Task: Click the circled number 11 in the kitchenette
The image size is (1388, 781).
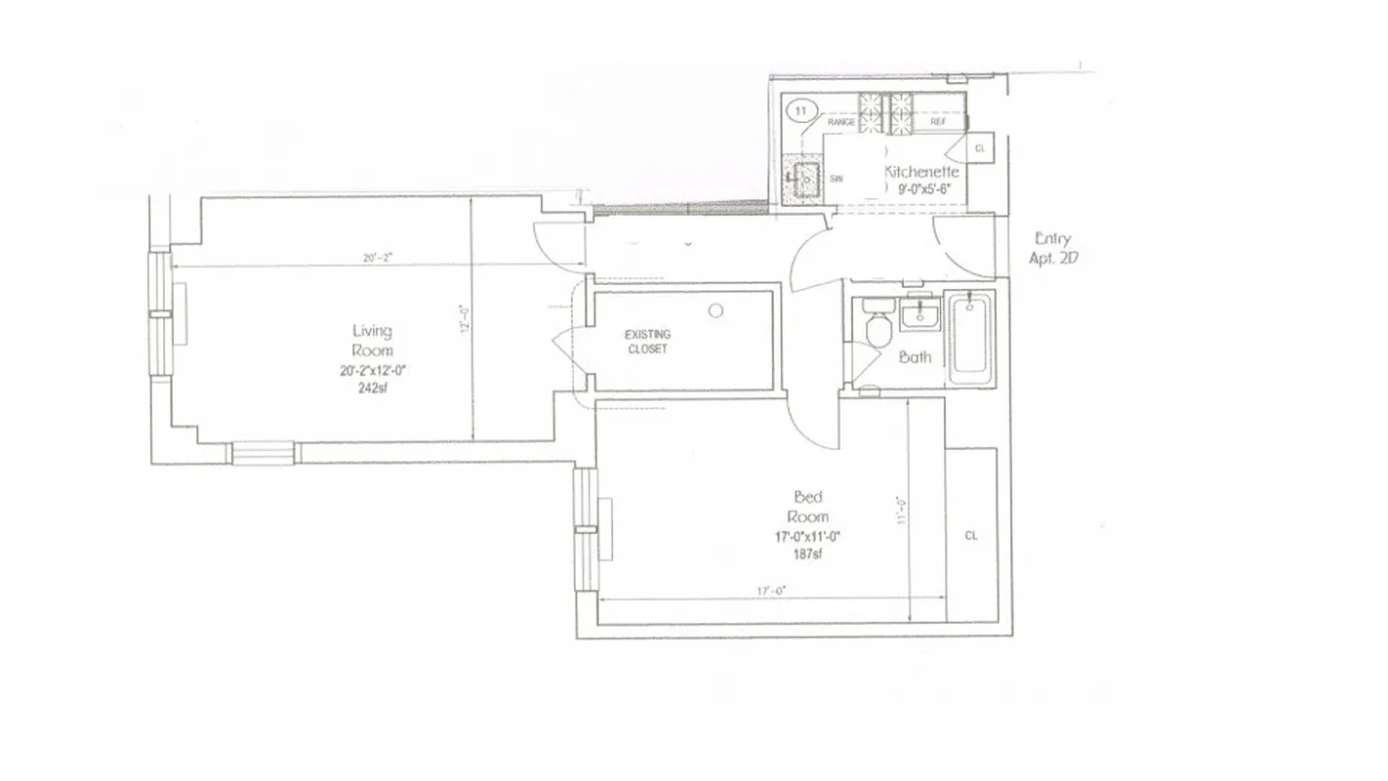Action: (x=801, y=111)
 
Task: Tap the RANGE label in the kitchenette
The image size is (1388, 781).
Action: (x=840, y=123)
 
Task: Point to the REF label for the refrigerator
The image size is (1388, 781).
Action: (x=937, y=123)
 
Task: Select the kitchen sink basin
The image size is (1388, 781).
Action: (x=807, y=179)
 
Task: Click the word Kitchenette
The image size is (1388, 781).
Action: (x=921, y=172)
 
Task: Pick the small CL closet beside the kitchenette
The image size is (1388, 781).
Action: (x=980, y=148)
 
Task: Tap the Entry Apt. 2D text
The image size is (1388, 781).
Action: (x=1050, y=249)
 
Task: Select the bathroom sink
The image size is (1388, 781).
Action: (x=918, y=315)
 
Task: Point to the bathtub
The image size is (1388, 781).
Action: (x=971, y=335)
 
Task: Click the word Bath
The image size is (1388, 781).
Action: (x=915, y=357)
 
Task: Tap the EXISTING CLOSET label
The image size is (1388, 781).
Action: (x=647, y=342)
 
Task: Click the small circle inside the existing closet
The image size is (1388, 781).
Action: (x=715, y=311)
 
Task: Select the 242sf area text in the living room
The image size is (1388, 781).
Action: (x=371, y=387)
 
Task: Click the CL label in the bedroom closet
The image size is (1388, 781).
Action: (x=971, y=536)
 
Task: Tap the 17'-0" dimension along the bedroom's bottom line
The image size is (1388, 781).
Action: (x=771, y=591)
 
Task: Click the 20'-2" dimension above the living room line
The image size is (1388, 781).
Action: (x=377, y=259)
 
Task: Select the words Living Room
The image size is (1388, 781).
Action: (x=372, y=341)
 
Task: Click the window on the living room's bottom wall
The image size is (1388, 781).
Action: (x=263, y=453)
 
